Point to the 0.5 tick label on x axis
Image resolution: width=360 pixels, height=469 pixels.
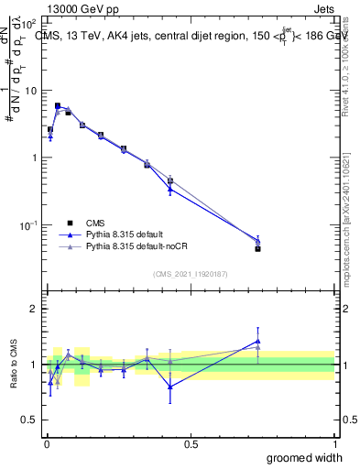pyautogui.click(x=191, y=443)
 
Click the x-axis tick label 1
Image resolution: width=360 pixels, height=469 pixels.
pyautogui.click(x=334, y=443)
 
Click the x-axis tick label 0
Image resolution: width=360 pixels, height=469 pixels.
pyautogui.click(x=46, y=443)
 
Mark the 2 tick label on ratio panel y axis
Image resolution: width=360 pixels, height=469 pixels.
pyautogui.click(x=34, y=309)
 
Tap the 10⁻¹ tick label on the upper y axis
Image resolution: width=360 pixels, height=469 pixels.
pyautogui.click(x=27, y=224)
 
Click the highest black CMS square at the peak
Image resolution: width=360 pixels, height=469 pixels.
pyautogui.click(x=58, y=105)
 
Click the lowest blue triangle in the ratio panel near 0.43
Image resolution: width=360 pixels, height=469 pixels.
pyautogui.click(x=170, y=386)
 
